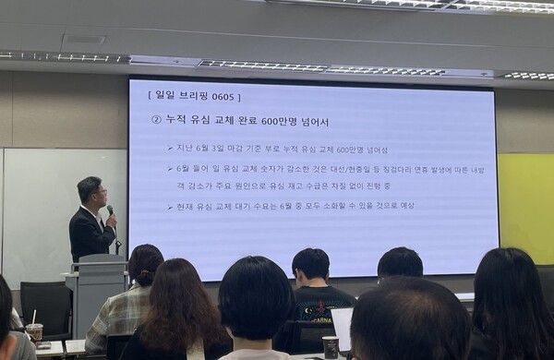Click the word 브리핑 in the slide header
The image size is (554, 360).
tap(192, 95)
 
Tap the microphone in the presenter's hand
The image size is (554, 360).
tap(110, 211)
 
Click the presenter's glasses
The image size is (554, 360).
tap(99, 193)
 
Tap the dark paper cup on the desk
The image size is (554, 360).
tap(330, 346)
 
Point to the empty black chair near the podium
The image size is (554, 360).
tap(46, 305)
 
